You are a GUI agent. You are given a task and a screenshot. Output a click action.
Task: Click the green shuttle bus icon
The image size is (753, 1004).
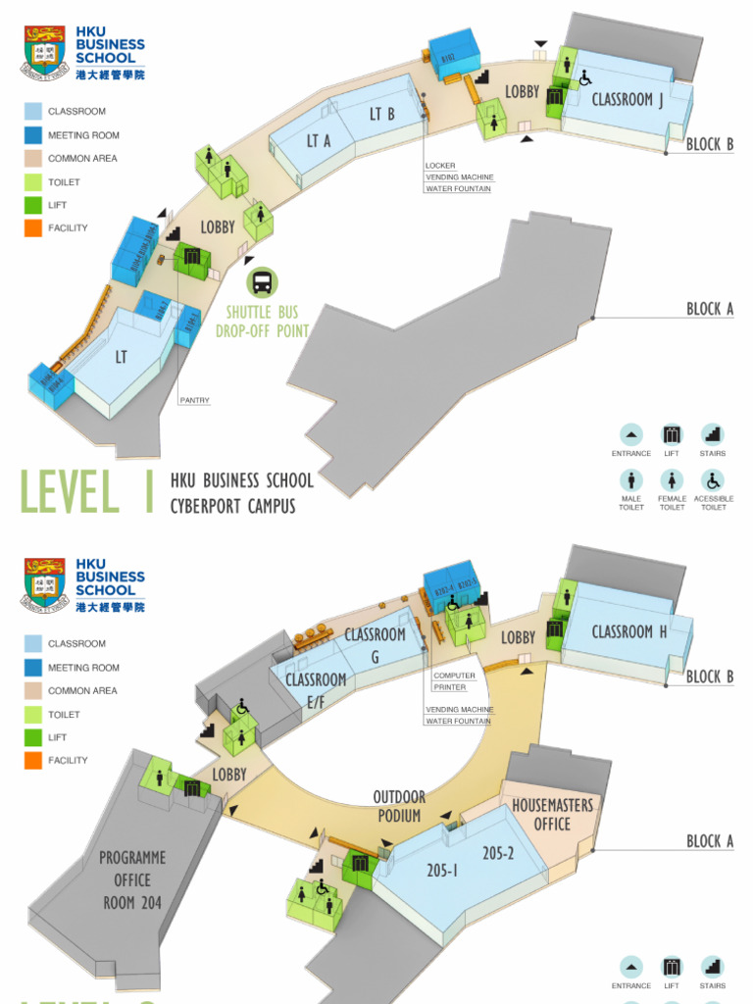pyautogui.click(x=262, y=282)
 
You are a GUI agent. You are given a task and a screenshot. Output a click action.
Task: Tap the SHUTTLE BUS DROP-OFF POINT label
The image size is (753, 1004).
pyautogui.click(x=262, y=322)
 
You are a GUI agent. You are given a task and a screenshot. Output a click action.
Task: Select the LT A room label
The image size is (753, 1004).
pyautogui.click(x=319, y=141)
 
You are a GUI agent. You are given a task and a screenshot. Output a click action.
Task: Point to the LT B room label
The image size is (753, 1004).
pyautogui.click(x=381, y=114)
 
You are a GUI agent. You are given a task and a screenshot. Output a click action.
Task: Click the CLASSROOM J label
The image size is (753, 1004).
pyautogui.click(x=627, y=99)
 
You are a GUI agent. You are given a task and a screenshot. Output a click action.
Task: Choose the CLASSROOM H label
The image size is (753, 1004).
pyautogui.click(x=628, y=632)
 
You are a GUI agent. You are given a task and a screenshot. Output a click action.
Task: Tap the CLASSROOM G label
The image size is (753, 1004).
pyautogui.click(x=375, y=645)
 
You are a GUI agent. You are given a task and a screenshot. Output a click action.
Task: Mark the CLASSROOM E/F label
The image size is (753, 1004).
pyautogui.click(x=316, y=690)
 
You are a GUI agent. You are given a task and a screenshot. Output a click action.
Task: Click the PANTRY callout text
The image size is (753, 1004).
pyautogui.click(x=194, y=400)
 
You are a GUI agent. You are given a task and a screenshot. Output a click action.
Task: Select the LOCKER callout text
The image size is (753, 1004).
pyautogui.click(x=440, y=166)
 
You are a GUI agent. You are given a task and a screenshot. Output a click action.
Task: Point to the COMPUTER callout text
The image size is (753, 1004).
pyautogui.click(x=454, y=676)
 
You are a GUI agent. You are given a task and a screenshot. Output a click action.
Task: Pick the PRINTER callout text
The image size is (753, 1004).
pyautogui.click(x=449, y=687)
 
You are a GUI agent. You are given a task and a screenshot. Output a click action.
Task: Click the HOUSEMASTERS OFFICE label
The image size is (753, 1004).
pyautogui.click(x=552, y=815)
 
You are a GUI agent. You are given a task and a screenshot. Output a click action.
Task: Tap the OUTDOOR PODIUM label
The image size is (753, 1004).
pyautogui.click(x=399, y=807)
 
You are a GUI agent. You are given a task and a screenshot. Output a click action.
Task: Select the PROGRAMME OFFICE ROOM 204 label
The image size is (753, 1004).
pyautogui.click(x=132, y=879)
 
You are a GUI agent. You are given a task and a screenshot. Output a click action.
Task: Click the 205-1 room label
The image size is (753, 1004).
pyautogui.click(x=442, y=870)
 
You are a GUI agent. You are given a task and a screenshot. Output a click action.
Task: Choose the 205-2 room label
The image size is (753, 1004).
pyautogui.click(x=498, y=853)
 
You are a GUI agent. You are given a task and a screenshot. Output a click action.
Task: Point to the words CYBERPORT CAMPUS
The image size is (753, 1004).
pyautogui.click(x=232, y=506)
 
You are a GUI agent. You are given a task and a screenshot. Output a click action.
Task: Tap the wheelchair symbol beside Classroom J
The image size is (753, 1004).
pyautogui.click(x=585, y=76)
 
